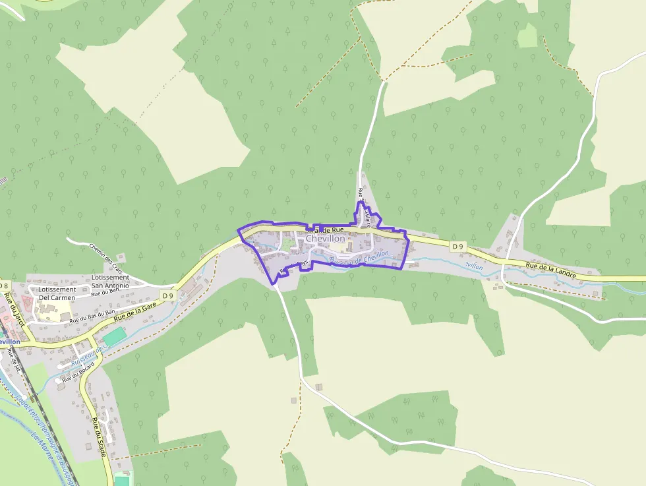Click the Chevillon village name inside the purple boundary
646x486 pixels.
(325, 238)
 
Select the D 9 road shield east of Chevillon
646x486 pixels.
(458, 246)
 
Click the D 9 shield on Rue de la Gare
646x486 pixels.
(168, 296)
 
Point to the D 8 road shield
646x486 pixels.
(4, 286)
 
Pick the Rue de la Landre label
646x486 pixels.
(551, 268)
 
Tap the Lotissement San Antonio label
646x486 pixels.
(110, 282)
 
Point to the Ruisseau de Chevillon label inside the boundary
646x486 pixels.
(359, 258)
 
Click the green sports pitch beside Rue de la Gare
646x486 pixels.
(115, 336)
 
